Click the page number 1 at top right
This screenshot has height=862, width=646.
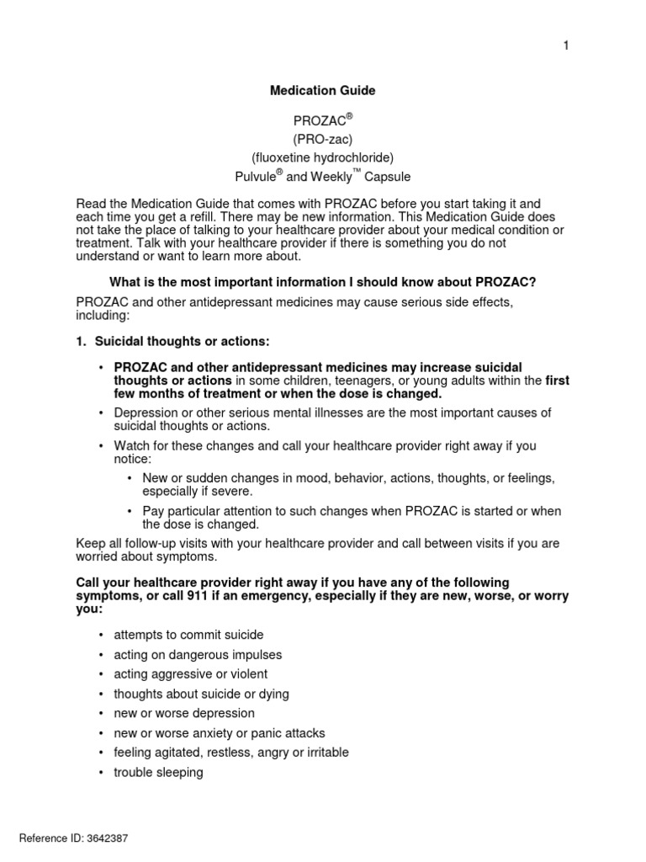point(566,45)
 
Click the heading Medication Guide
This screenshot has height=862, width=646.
point(322,90)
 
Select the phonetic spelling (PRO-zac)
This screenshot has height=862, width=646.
point(322,137)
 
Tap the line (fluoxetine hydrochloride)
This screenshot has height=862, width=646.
point(322,157)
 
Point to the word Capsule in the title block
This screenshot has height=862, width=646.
point(388,177)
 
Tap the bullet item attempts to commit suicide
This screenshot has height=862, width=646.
point(188,636)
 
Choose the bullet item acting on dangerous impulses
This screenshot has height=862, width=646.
point(198,655)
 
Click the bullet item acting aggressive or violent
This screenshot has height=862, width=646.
point(191,674)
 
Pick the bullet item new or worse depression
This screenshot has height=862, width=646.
point(184,713)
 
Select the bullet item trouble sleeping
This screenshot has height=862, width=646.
point(158,772)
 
